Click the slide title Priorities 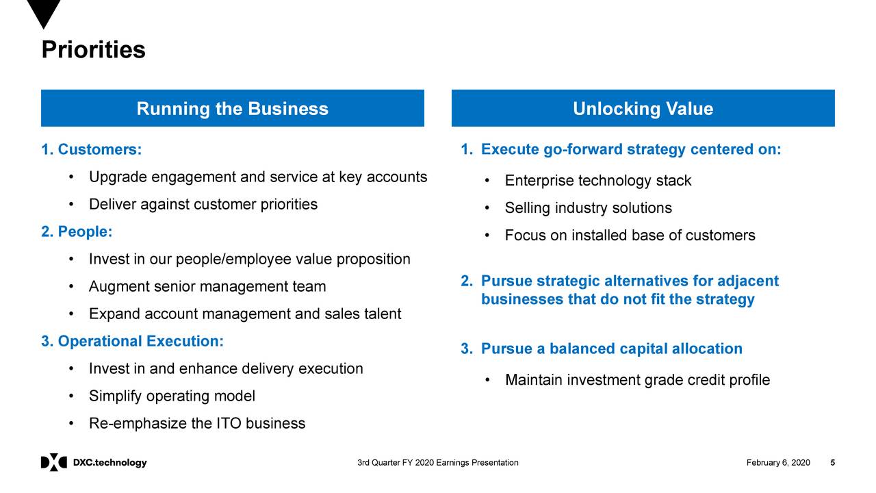(x=93, y=50)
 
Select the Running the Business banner (x=232, y=109)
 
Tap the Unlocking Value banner (x=643, y=109)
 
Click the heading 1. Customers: (x=92, y=149)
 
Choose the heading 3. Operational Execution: (x=133, y=341)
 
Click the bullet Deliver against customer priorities (x=203, y=204)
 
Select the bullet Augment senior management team (x=207, y=286)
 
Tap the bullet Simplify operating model (x=172, y=396)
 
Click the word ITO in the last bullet (x=229, y=423)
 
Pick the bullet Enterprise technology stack (x=597, y=181)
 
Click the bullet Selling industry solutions (x=588, y=208)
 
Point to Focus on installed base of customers (x=630, y=236)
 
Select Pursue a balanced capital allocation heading (x=611, y=349)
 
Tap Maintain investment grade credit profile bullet (x=637, y=380)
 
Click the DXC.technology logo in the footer (x=94, y=463)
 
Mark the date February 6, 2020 (x=778, y=463)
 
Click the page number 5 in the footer (x=832, y=463)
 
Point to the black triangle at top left (x=44, y=12)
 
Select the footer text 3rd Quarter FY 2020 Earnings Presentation (x=438, y=463)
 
